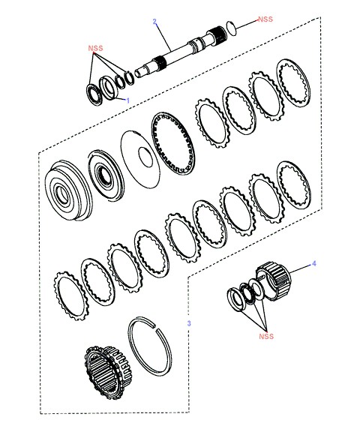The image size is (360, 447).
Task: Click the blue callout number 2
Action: (x=154, y=22)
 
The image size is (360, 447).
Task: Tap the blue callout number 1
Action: (x=128, y=100)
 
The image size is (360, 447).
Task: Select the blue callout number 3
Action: (x=189, y=323)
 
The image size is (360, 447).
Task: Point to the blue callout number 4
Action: (x=313, y=263)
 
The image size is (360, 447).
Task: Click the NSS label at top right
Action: (x=265, y=19)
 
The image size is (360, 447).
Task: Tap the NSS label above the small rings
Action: (x=95, y=48)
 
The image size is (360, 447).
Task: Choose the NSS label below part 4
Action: (x=266, y=337)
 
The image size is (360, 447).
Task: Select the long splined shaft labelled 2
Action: (x=181, y=52)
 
